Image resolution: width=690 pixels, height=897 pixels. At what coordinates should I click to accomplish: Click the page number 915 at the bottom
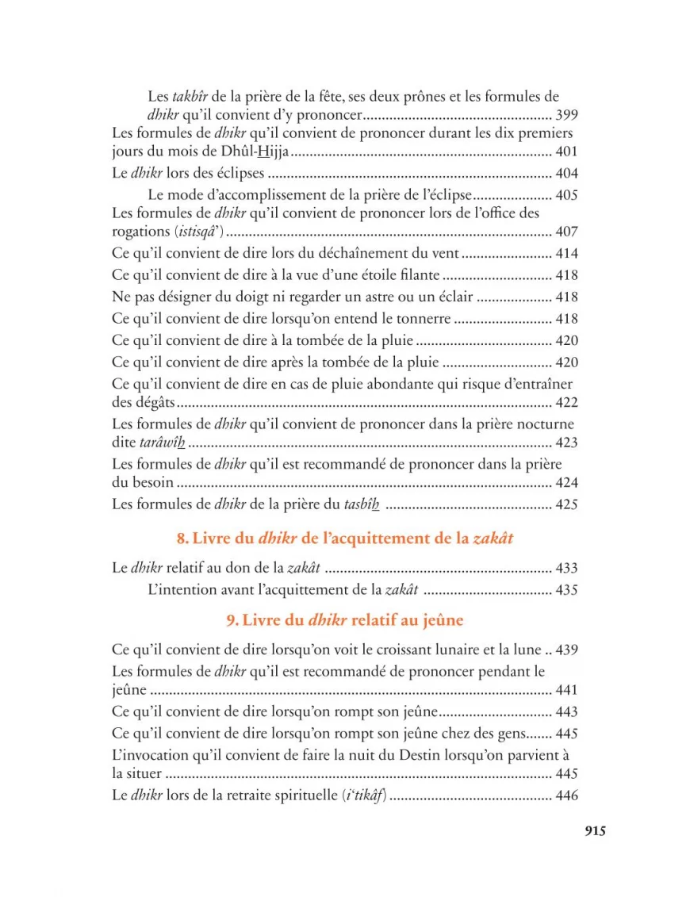tap(595, 831)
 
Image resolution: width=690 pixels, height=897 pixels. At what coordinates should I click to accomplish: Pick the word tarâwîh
tap(167, 443)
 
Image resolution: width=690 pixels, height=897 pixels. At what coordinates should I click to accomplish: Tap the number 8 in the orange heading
tap(181, 539)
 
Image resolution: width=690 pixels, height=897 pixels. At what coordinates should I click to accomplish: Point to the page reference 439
tap(567, 650)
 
